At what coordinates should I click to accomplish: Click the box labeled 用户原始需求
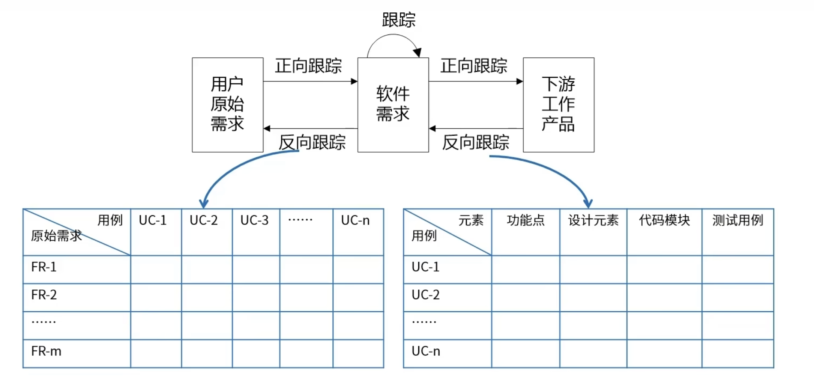(x=227, y=104)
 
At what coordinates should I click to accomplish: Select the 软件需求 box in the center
(x=393, y=104)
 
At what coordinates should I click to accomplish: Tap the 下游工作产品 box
(x=558, y=104)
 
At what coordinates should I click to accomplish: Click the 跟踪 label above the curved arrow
(x=398, y=20)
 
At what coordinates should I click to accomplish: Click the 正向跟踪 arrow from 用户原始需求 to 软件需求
(x=310, y=81)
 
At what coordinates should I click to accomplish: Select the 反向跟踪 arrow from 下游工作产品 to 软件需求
(x=476, y=128)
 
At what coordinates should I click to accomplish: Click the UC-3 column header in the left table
(x=255, y=220)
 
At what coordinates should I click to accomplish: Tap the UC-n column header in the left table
(x=355, y=220)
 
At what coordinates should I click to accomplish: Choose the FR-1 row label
(x=44, y=267)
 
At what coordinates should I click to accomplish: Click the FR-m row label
(x=46, y=351)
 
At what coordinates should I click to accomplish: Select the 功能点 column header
(x=526, y=220)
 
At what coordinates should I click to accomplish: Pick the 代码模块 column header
(x=664, y=220)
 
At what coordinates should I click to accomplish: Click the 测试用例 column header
(x=737, y=220)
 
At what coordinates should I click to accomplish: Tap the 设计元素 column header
(x=593, y=220)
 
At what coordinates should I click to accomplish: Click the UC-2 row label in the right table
(x=425, y=295)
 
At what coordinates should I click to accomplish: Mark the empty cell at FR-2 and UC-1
(x=156, y=297)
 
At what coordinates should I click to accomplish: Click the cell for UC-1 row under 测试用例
(x=737, y=269)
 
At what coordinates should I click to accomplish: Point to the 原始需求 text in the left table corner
(x=56, y=236)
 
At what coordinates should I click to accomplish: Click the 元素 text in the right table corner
(x=471, y=220)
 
